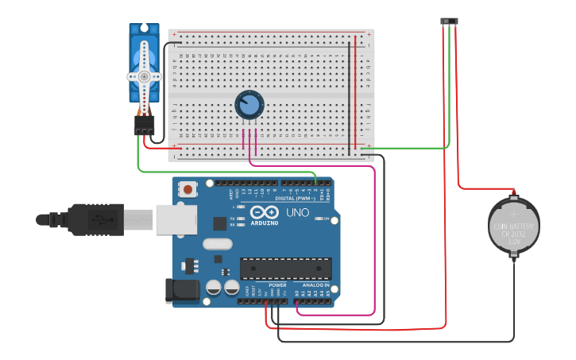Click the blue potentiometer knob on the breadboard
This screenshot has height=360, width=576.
click(x=249, y=104)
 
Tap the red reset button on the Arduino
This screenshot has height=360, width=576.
click(x=188, y=189)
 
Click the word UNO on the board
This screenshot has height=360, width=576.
click(x=297, y=212)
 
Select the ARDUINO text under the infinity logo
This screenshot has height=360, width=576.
click(x=264, y=223)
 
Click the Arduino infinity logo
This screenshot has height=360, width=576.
click(x=264, y=212)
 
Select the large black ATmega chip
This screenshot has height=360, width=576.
click(x=285, y=269)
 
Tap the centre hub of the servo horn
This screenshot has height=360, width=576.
click(x=144, y=76)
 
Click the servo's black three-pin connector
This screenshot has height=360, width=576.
click(x=144, y=126)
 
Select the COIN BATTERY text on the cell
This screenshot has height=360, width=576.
click(x=513, y=226)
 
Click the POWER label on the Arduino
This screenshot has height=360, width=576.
click(x=277, y=285)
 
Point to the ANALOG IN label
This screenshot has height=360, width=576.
click(x=315, y=285)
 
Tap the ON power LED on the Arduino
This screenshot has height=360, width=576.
click(x=317, y=218)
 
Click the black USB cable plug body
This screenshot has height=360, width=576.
click(x=95, y=219)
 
